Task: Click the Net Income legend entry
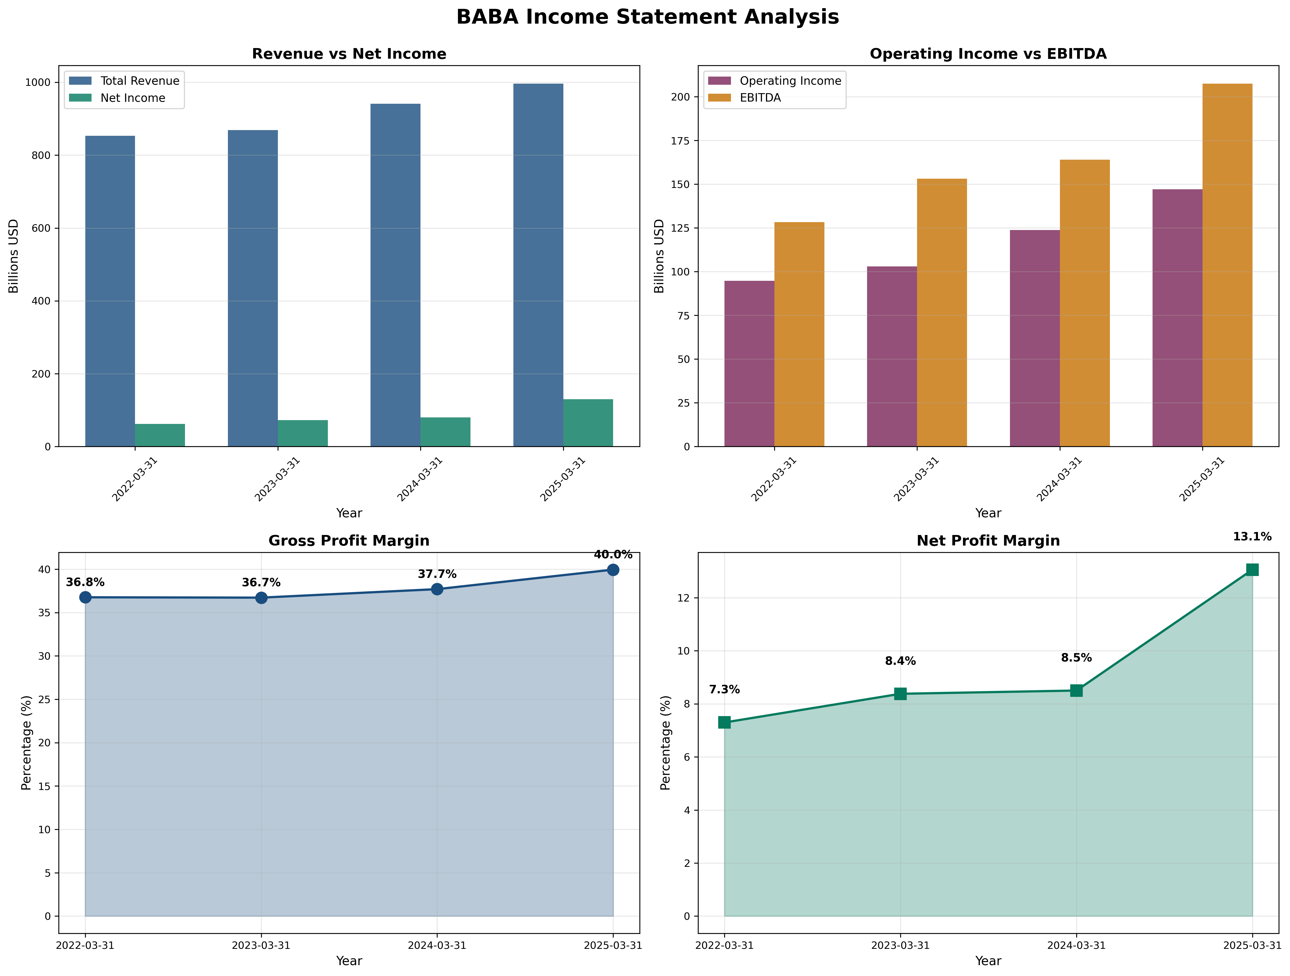pos(132,98)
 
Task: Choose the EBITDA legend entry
pos(760,98)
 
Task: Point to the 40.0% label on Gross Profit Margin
pos(613,555)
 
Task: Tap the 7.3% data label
pos(724,690)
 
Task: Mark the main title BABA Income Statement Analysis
pos(647,17)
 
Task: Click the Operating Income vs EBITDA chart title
pos(988,54)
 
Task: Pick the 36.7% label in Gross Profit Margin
pos(261,583)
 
